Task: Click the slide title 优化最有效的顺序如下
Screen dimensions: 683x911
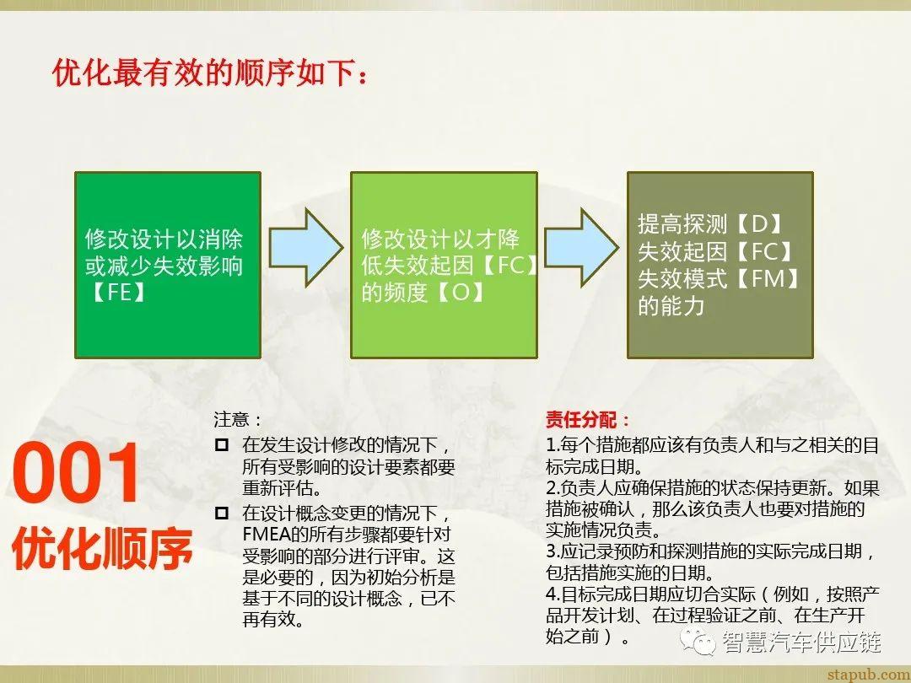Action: click(211, 73)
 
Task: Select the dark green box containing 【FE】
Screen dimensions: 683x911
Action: click(168, 265)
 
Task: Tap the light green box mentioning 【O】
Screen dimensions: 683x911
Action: click(444, 265)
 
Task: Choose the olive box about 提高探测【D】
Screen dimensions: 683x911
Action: click(720, 265)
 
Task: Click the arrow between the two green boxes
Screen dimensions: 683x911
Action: click(305, 245)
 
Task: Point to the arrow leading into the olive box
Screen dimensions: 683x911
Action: click(581, 245)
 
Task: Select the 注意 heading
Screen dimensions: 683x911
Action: click(237, 419)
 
